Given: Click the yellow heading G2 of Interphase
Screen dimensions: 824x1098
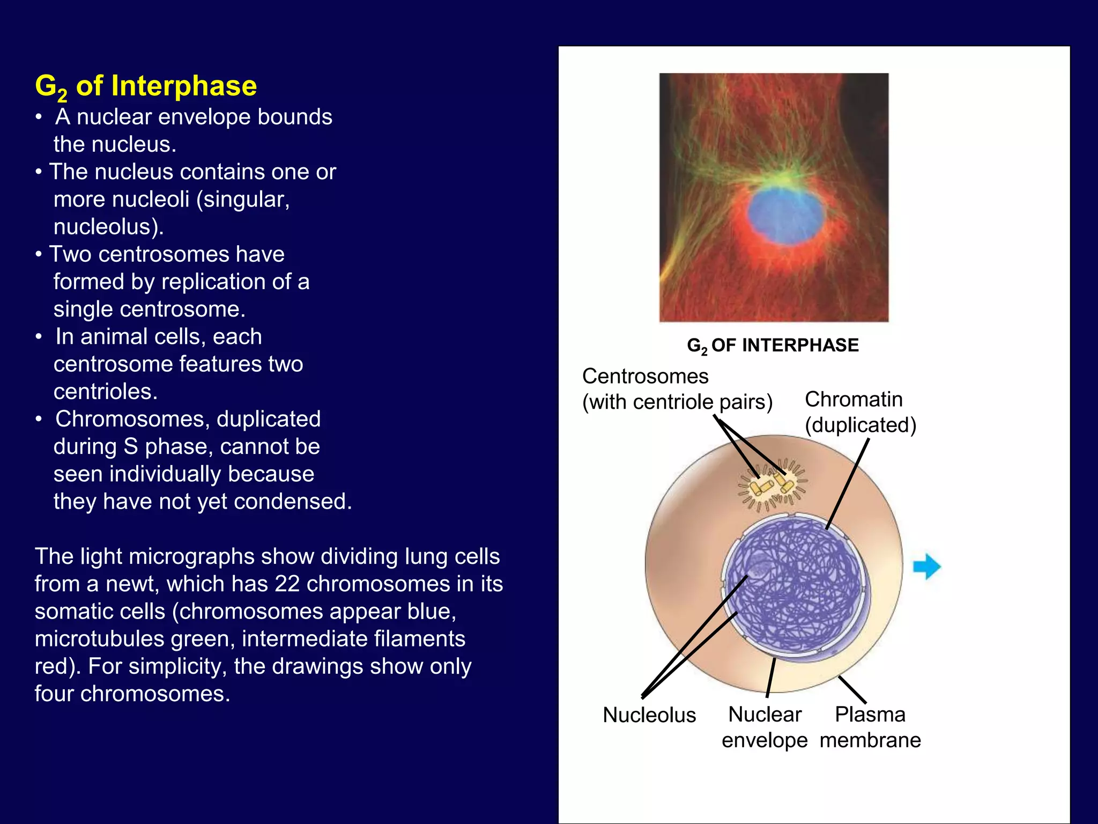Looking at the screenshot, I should pyautogui.click(x=146, y=86).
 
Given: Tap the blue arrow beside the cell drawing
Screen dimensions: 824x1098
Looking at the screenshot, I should pyautogui.click(x=926, y=566).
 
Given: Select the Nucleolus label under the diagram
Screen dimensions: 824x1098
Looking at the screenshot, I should pyautogui.click(x=649, y=715).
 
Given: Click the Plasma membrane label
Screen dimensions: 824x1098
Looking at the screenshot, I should pyautogui.click(x=870, y=727).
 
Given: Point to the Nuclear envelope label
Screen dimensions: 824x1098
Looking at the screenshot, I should pyautogui.click(x=765, y=727).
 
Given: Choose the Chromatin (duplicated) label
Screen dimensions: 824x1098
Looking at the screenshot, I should pyautogui.click(x=860, y=412).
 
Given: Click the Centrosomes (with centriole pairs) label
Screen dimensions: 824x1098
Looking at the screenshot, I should pyautogui.click(x=677, y=389).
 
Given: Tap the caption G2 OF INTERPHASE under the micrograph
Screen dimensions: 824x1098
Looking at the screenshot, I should pyautogui.click(x=773, y=345).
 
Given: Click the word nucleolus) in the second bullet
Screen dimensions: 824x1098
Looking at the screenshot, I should pyautogui.click(x=108, y=227).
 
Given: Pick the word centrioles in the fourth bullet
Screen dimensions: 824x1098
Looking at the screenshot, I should pyautogui.click(x=105, y=392).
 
